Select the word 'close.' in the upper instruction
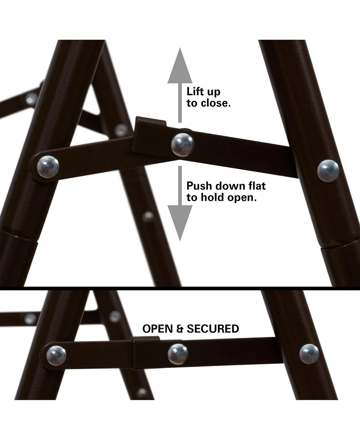pyautogui.click(x=216, y=103)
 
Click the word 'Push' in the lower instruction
pyautogui.click(x=200, y=186)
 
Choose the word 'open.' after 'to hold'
pyautogui.click(x=242, y=198)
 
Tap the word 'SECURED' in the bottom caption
pyautogui.click(x=213, y=329)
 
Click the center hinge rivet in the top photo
pyautogui.click(x=183, y=145)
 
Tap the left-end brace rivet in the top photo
pyautogui.click(x=48, y=167)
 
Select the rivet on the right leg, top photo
pyautogui.click(x=328, y=171)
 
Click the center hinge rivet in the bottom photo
pyautogui.click(x=178, y=354)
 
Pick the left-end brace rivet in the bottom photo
pyautogui.click(x=56, y=355)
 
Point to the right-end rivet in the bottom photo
pyautogui.click(x=309, y=354)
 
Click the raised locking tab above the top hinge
pyautogui.click(x=151, y=122)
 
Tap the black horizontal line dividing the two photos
pyautogui.click(x=180, y=288)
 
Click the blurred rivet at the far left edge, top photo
pyautogui.click(x=31, y=99)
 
